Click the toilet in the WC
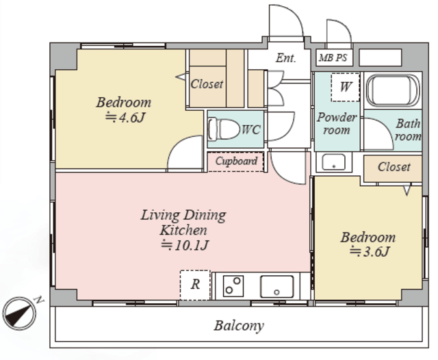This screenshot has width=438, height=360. tap(224, 129)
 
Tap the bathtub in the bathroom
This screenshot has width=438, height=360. tap(393, 90)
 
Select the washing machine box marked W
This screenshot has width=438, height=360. tap(345, 87)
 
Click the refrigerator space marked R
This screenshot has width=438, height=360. tap(195, 285)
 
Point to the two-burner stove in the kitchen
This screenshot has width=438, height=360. tap(233, 285)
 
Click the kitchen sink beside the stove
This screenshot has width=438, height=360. tap(276, 287)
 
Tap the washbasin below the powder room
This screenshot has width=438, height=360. tap(333, 162)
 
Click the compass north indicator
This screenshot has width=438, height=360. tap(19, 313)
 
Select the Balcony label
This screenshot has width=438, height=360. tap(239, 326)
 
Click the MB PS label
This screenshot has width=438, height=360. tap(333, 57)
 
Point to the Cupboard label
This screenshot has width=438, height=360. tap(236, 161)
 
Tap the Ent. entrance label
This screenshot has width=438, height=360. tap(286, 58)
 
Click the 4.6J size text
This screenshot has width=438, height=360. tap(125, 118)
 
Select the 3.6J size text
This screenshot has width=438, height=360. tap(370, 252)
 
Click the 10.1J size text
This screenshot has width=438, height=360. tap(185, 245)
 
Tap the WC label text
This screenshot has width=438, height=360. tap(251, 129)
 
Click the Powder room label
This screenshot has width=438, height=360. tap(337, 124)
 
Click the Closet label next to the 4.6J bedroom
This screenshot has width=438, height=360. tap(207, 84)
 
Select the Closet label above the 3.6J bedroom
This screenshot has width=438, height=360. tap(394, 167)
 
